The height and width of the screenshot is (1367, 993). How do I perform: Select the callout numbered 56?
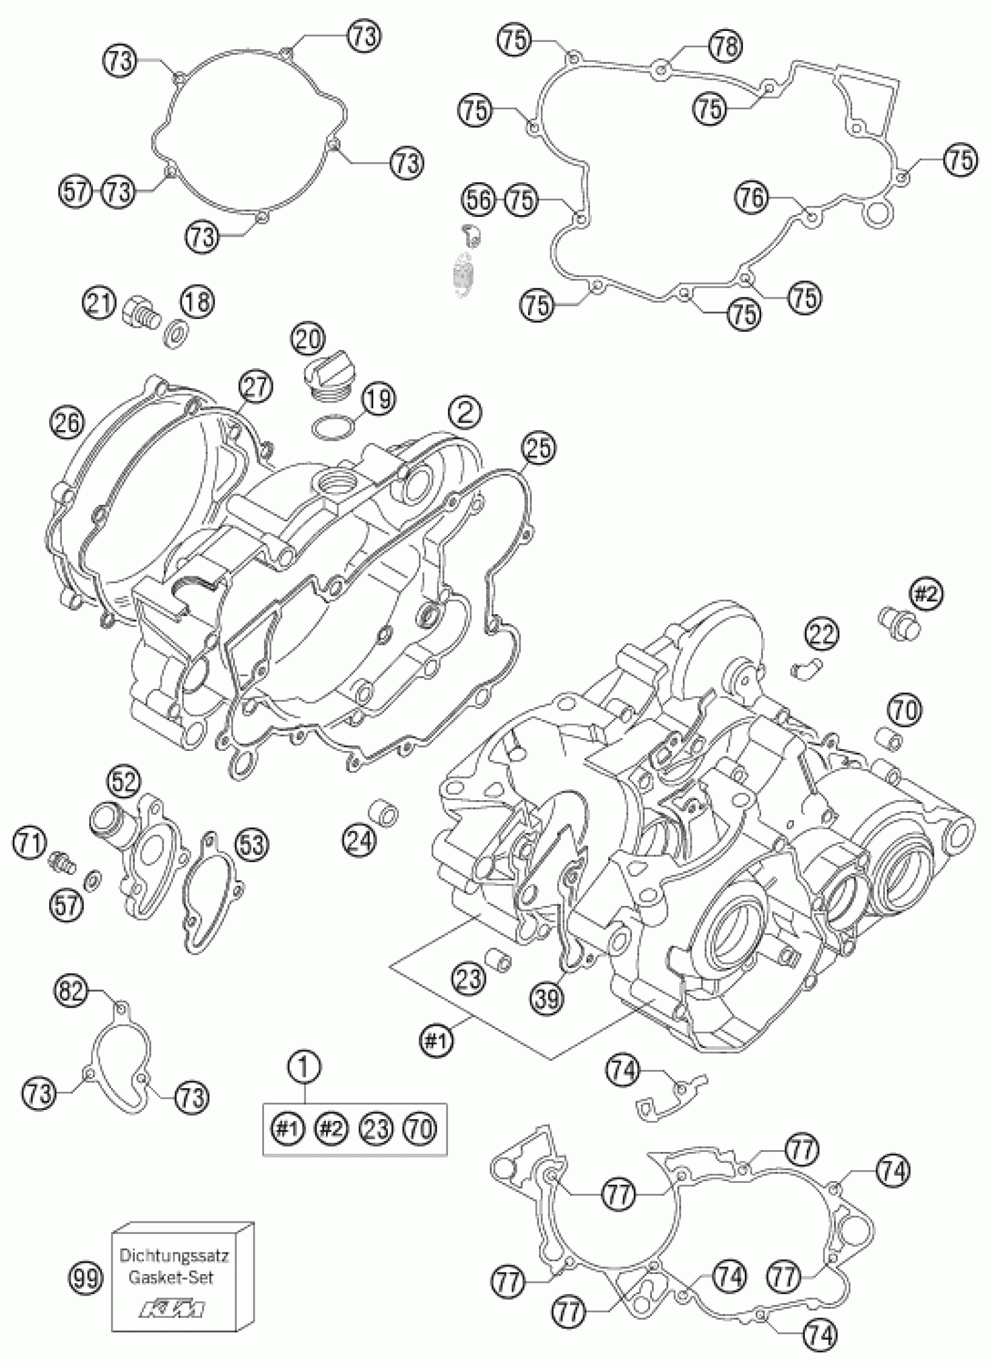[480, 199]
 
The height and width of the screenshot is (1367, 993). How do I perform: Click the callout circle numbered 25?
[538, 448]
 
